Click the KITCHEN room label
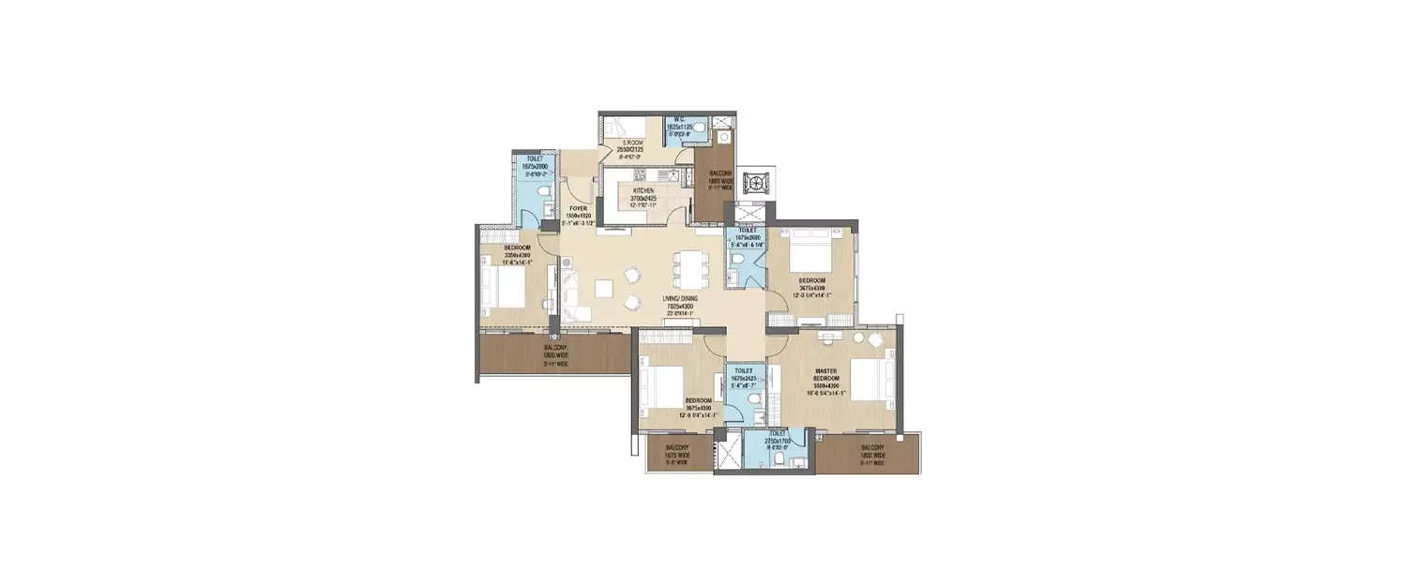(x=643, y=190)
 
